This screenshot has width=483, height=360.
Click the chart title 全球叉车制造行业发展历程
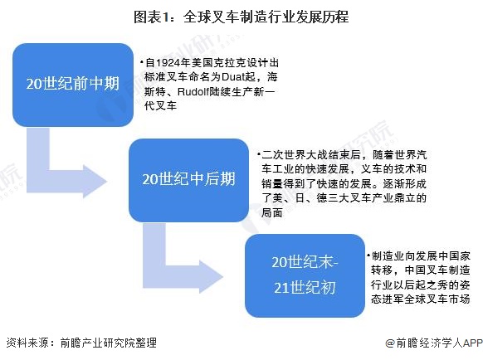pos(266,17)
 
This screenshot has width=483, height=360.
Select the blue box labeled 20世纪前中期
pos(73,85)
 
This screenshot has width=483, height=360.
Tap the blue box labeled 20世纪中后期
pos(189,180)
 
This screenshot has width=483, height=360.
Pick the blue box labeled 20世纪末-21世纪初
pos(305,275)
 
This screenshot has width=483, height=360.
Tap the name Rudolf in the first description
pos(193,91)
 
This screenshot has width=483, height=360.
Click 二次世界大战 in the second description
pos(290,154)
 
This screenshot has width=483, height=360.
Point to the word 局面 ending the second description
pos(272,212)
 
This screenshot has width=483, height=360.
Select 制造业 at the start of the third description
pos(388,256)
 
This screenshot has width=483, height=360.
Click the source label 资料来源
pos(27,343)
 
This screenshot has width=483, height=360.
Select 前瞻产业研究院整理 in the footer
pos(109,343)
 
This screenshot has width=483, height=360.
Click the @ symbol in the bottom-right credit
pos(391,343)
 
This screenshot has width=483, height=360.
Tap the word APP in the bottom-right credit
pos(473,343)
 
